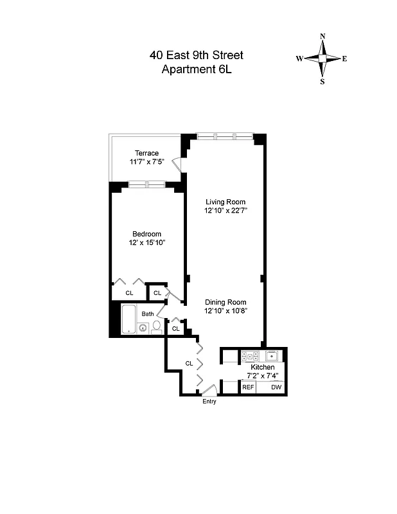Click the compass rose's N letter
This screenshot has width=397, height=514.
tap(322, 36)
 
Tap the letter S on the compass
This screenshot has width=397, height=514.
tap(322, 82)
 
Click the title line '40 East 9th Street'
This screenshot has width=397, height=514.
tap(197, 55)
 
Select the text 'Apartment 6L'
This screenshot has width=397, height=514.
tap(197, 69)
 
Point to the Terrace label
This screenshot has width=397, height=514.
tap(146, 153)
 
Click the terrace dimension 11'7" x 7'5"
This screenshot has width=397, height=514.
tap(146, 161)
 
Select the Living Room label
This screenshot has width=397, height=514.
tap(225, 202)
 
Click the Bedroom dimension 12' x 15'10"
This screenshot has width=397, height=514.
tap(146, 242)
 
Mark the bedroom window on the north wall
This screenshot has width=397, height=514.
tap(146, 185)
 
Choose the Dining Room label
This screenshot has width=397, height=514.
tap(225, 302)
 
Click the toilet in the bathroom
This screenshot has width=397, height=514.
tap(156, 328)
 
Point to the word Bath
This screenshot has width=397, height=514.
tap(148, 314)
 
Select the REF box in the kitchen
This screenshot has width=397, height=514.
tap(248, 387)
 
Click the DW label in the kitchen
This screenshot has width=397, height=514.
tap(276, 387)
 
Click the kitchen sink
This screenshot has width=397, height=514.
tap(273, 355)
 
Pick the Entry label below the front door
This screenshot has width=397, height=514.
tap(209, 402)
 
